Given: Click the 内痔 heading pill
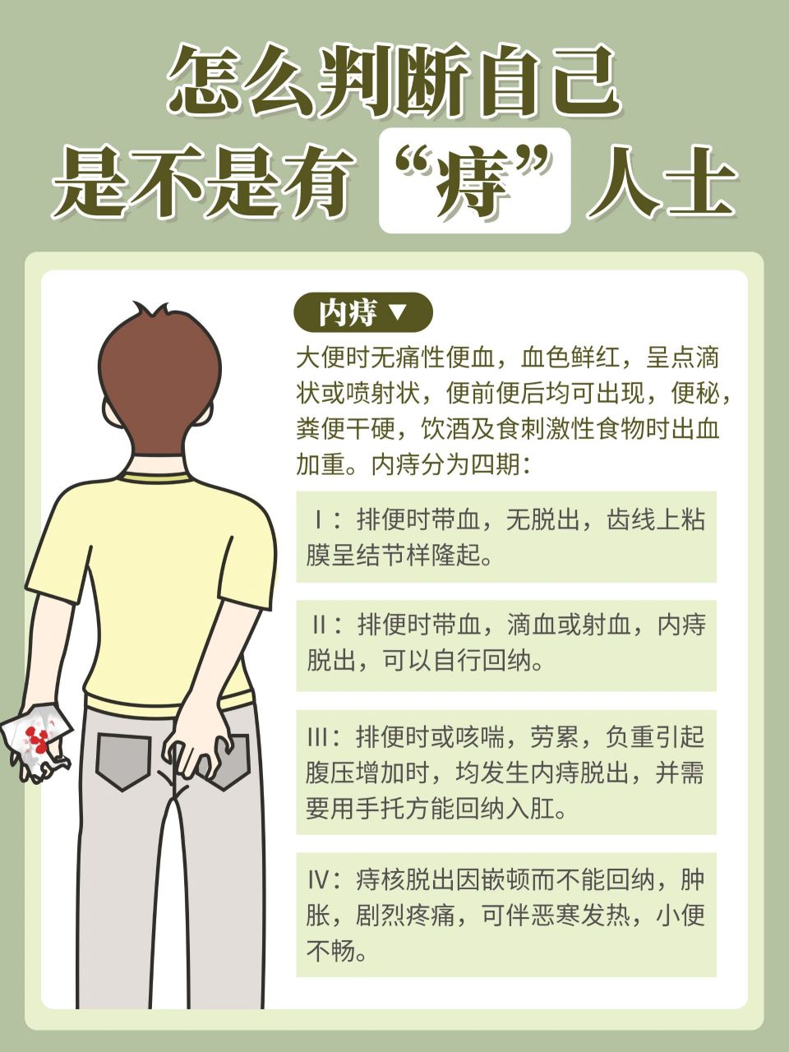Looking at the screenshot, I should point(362,312).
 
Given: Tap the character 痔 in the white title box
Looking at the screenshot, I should point(474,181).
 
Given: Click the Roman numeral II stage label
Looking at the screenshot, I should point(319,625).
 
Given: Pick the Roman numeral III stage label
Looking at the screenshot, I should point(317,736).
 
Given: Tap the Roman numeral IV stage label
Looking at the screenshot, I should point(319,880).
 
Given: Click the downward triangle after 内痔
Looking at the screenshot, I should point(396,312).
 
